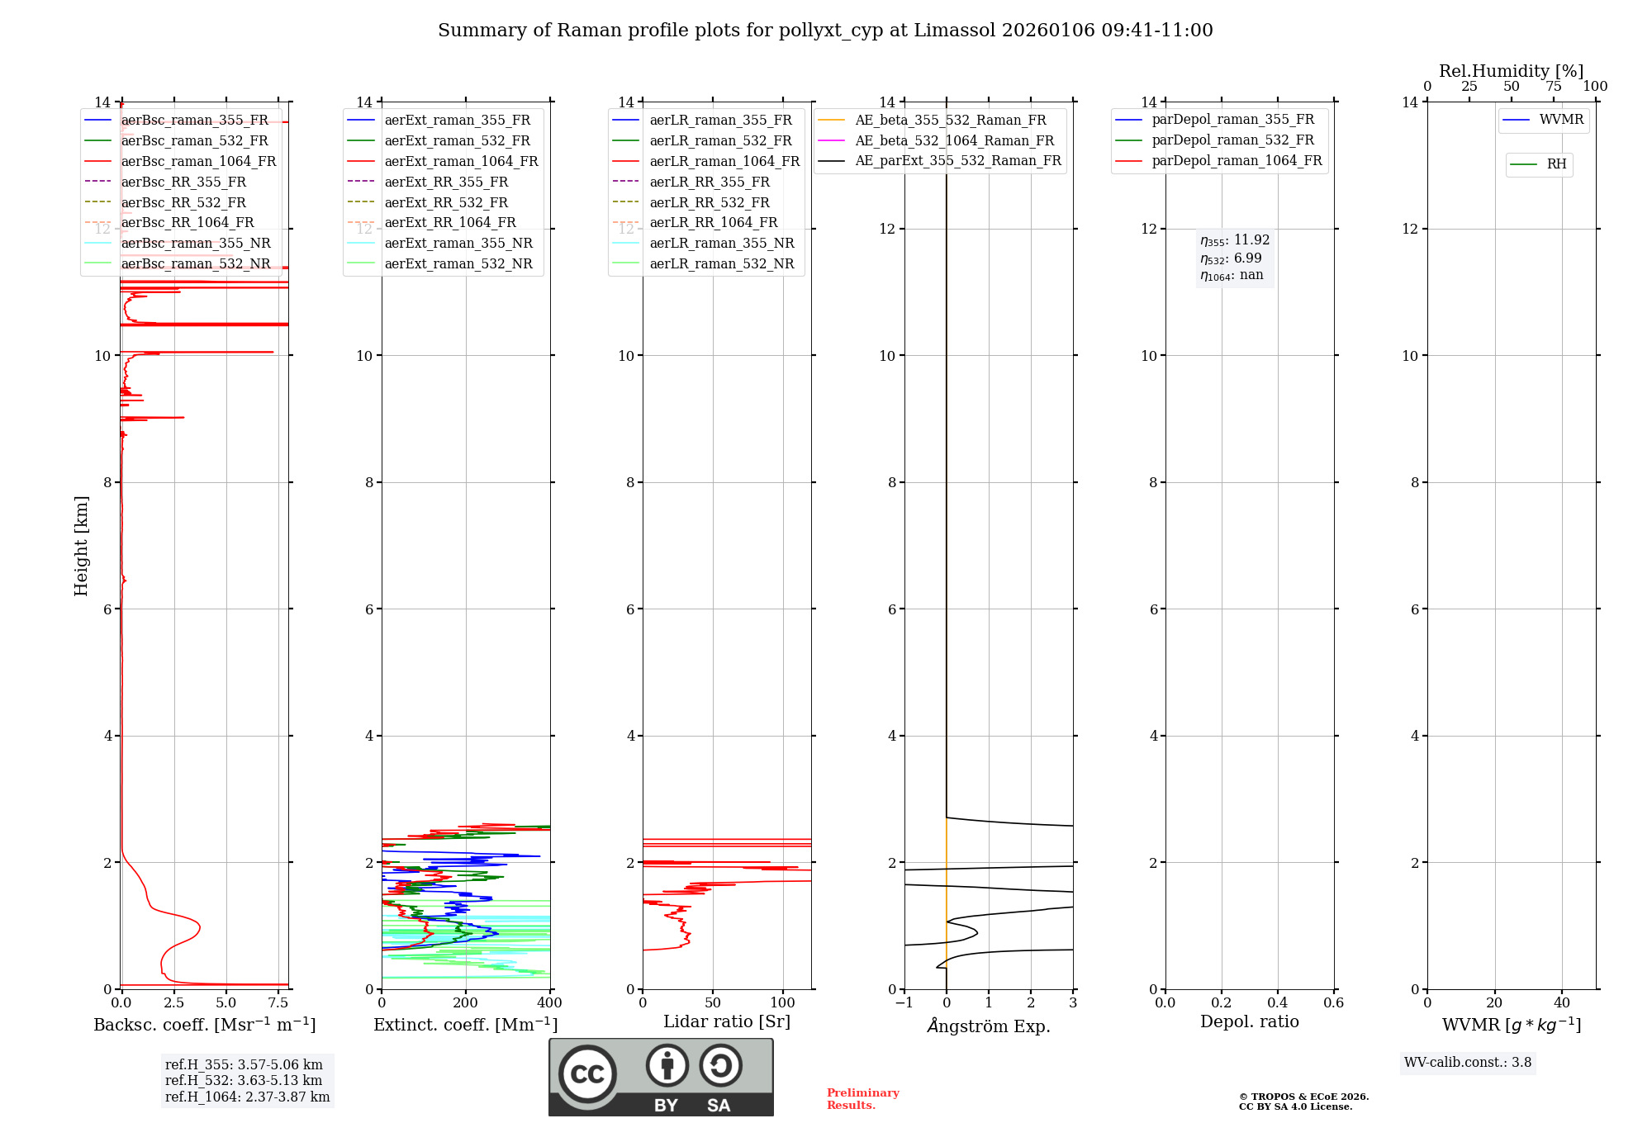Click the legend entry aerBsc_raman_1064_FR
click(198, 161)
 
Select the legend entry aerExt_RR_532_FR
click(446, 202)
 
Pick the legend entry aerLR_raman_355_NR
click(721, 243)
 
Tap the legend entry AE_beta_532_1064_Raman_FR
click(954, 140)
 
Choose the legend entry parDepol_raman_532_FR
click(1232, 140)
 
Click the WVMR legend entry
click(1561, 120)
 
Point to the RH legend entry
click(1556, 164)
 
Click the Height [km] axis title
click(81, 545)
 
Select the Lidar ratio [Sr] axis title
click(727, 1021)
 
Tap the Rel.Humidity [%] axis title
click(1511, 71)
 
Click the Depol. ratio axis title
click(1249, 1021)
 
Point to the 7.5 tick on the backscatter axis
click(278, 1003)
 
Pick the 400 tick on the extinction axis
click(549, 1003)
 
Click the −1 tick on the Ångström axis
click(904, 1003)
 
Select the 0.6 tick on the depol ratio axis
click(1333, 1003)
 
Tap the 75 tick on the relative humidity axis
click(1553, 87)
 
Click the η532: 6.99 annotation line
click(1231, 258)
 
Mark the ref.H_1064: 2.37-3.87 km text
click(247, 1097)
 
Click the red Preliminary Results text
click(862, 1099)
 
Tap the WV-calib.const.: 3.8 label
click(1468, 1063)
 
